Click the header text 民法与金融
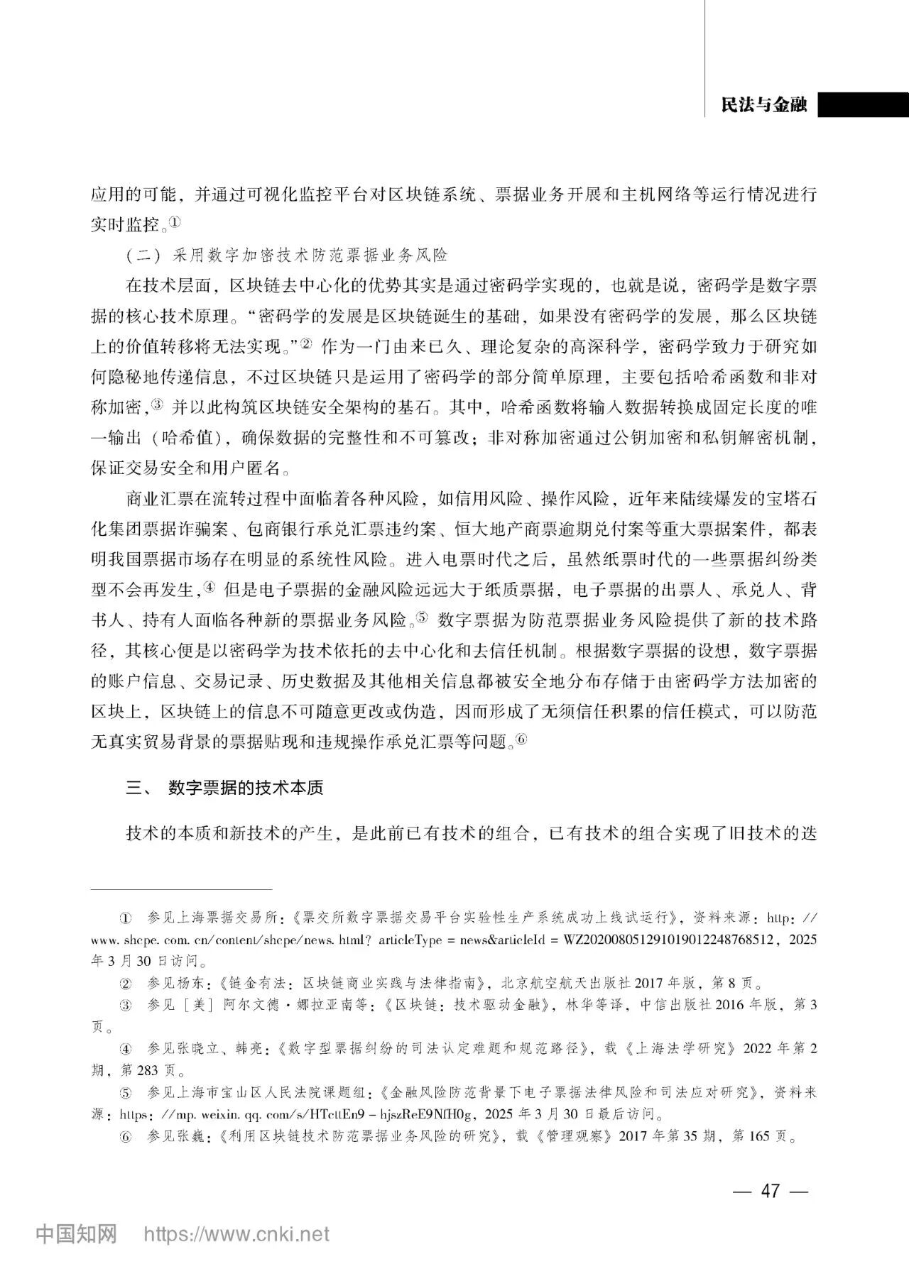763,105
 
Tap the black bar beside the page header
863,105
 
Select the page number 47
770,1190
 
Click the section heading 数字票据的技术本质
246,788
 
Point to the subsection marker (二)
139,255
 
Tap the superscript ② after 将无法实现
306,344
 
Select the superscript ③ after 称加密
157,405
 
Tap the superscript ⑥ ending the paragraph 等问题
521,739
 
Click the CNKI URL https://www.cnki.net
236,1234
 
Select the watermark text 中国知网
77,1234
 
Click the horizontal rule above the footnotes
182,889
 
